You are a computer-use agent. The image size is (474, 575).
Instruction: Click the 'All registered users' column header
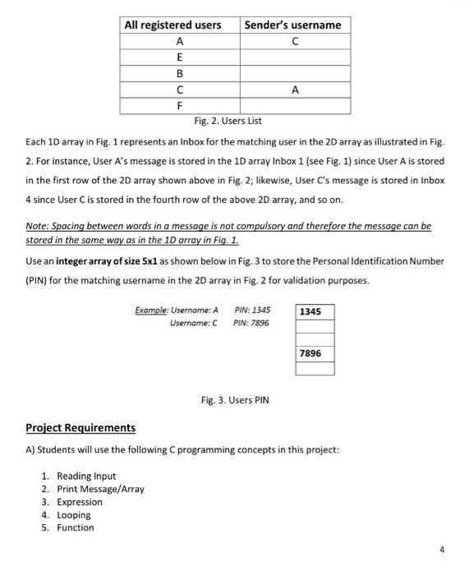tap(173, 25)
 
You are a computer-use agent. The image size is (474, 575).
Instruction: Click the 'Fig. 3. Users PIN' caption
tap(235, 400)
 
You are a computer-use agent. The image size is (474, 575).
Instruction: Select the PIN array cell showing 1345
tap(315, 312)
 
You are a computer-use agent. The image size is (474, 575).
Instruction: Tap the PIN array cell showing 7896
tap(315, 353)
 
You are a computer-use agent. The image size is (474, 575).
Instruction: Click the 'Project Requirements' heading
tap(81, 428)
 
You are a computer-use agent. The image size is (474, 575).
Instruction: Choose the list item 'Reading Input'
tap(86, 476)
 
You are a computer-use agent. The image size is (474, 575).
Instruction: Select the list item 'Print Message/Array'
tap(100, 489)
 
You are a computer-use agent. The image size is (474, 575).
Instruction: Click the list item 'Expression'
tap(80, 502)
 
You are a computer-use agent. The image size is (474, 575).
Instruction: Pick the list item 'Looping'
tap(74, 515)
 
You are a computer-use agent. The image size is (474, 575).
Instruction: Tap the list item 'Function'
tap(76, 527)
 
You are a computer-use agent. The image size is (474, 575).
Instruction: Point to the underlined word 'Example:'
tap(152, 310)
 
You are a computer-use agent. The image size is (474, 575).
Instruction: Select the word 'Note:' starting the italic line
tap(38, 224)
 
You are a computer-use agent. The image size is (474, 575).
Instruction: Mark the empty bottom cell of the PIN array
tap(315, 368)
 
